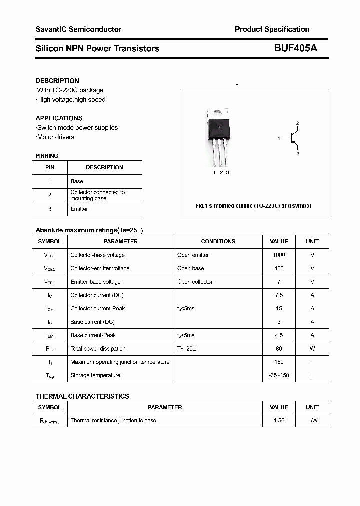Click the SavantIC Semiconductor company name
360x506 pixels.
point(78,29)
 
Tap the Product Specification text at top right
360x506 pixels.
point(272,29)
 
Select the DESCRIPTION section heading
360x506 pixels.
point(57,81)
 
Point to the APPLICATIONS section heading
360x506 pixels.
point(59,118)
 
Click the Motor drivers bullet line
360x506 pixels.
point(55,137)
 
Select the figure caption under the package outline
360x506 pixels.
point(253,206)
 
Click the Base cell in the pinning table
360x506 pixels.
point(77,181)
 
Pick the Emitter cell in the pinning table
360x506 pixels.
point(79,209)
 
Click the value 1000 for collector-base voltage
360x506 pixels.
point(279,255)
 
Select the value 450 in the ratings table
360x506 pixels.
point(279,268)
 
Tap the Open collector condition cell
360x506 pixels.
point(195,282)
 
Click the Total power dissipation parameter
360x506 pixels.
point(98,349)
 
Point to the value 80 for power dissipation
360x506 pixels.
point(279,349)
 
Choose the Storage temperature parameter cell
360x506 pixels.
point(95,375)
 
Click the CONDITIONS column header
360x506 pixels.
point(218,241)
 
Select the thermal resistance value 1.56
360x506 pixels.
point(279,420)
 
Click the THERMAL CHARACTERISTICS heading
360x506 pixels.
point(82,396)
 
